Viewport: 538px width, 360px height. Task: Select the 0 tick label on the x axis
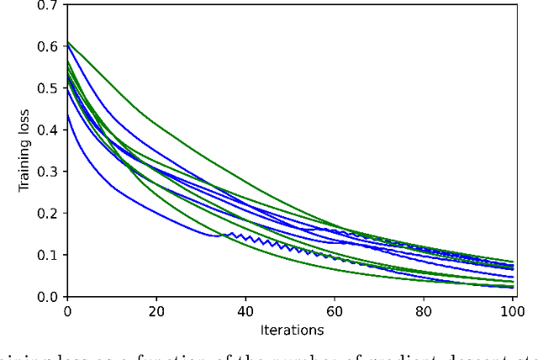coord(67,312)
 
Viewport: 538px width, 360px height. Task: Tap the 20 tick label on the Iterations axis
coord(156,312)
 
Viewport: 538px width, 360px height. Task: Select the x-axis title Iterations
coord(291,330)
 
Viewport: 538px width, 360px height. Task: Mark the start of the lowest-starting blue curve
coord(68,116)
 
